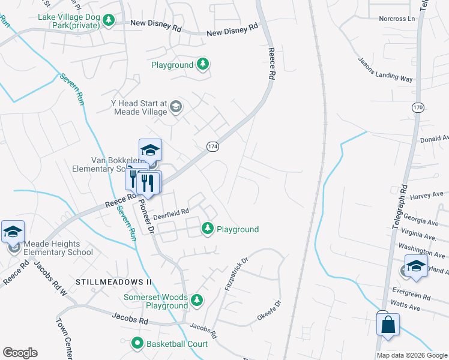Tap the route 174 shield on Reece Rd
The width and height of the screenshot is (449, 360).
[x=212, y=146]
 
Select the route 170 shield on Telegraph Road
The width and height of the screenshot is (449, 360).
[x=417, y=107]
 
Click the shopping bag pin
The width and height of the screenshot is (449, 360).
[x=388, y=325]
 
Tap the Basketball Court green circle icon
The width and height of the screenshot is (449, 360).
[x=137, y=344]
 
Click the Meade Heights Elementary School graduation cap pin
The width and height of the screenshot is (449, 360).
[x=13, y=232]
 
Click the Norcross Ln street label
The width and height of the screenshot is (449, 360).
[x=397, y=19]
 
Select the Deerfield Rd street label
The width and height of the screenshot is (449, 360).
[x=171, y=211]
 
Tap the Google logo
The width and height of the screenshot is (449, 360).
[x=20, y=353]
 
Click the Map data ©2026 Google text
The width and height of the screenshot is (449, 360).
[x=411, y=355]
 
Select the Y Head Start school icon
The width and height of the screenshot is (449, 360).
[x=176, y=107]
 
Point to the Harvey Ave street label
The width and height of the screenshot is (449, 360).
[x=426, y=196]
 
